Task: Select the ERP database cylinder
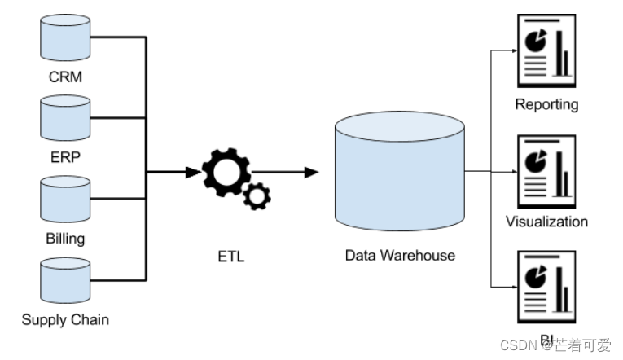[65, 118]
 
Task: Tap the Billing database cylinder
[65, 200]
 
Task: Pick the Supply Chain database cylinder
[65, 282]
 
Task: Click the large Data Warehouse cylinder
[399, 172]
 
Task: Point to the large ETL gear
[223, 172]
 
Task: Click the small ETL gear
[258, 195]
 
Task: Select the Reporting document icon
[546, 52]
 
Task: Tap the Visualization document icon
[546, 171]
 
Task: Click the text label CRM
[65, 78]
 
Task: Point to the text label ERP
[65, 157]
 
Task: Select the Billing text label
[65, 239]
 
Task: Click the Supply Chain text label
[65, 319]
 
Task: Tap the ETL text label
[231, 257]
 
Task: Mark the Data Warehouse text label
[400, 256]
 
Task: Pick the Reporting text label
[546, 104]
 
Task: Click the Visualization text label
[546, 222]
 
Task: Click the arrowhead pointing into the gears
[193, 172]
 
